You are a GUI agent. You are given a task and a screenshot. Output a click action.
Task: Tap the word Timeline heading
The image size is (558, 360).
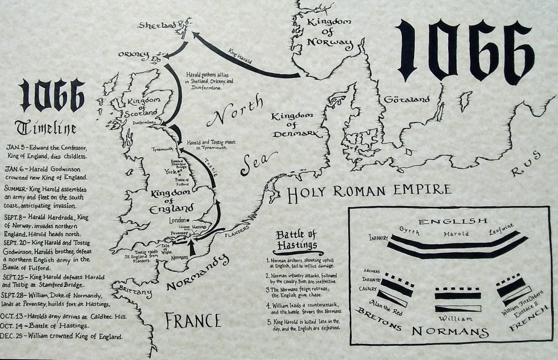46,128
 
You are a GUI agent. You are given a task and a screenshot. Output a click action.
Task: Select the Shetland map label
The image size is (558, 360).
158,24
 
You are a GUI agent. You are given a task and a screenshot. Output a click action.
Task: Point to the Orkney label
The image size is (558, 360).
134,56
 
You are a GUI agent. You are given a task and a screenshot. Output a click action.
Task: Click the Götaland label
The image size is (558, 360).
407,99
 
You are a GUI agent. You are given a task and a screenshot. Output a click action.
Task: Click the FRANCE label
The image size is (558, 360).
192,321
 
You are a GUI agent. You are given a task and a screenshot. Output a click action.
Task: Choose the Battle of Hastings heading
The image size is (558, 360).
296,240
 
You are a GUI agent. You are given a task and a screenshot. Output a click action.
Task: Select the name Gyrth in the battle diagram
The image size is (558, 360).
410,230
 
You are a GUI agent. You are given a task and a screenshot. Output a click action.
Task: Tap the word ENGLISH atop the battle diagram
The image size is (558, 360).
453,221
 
